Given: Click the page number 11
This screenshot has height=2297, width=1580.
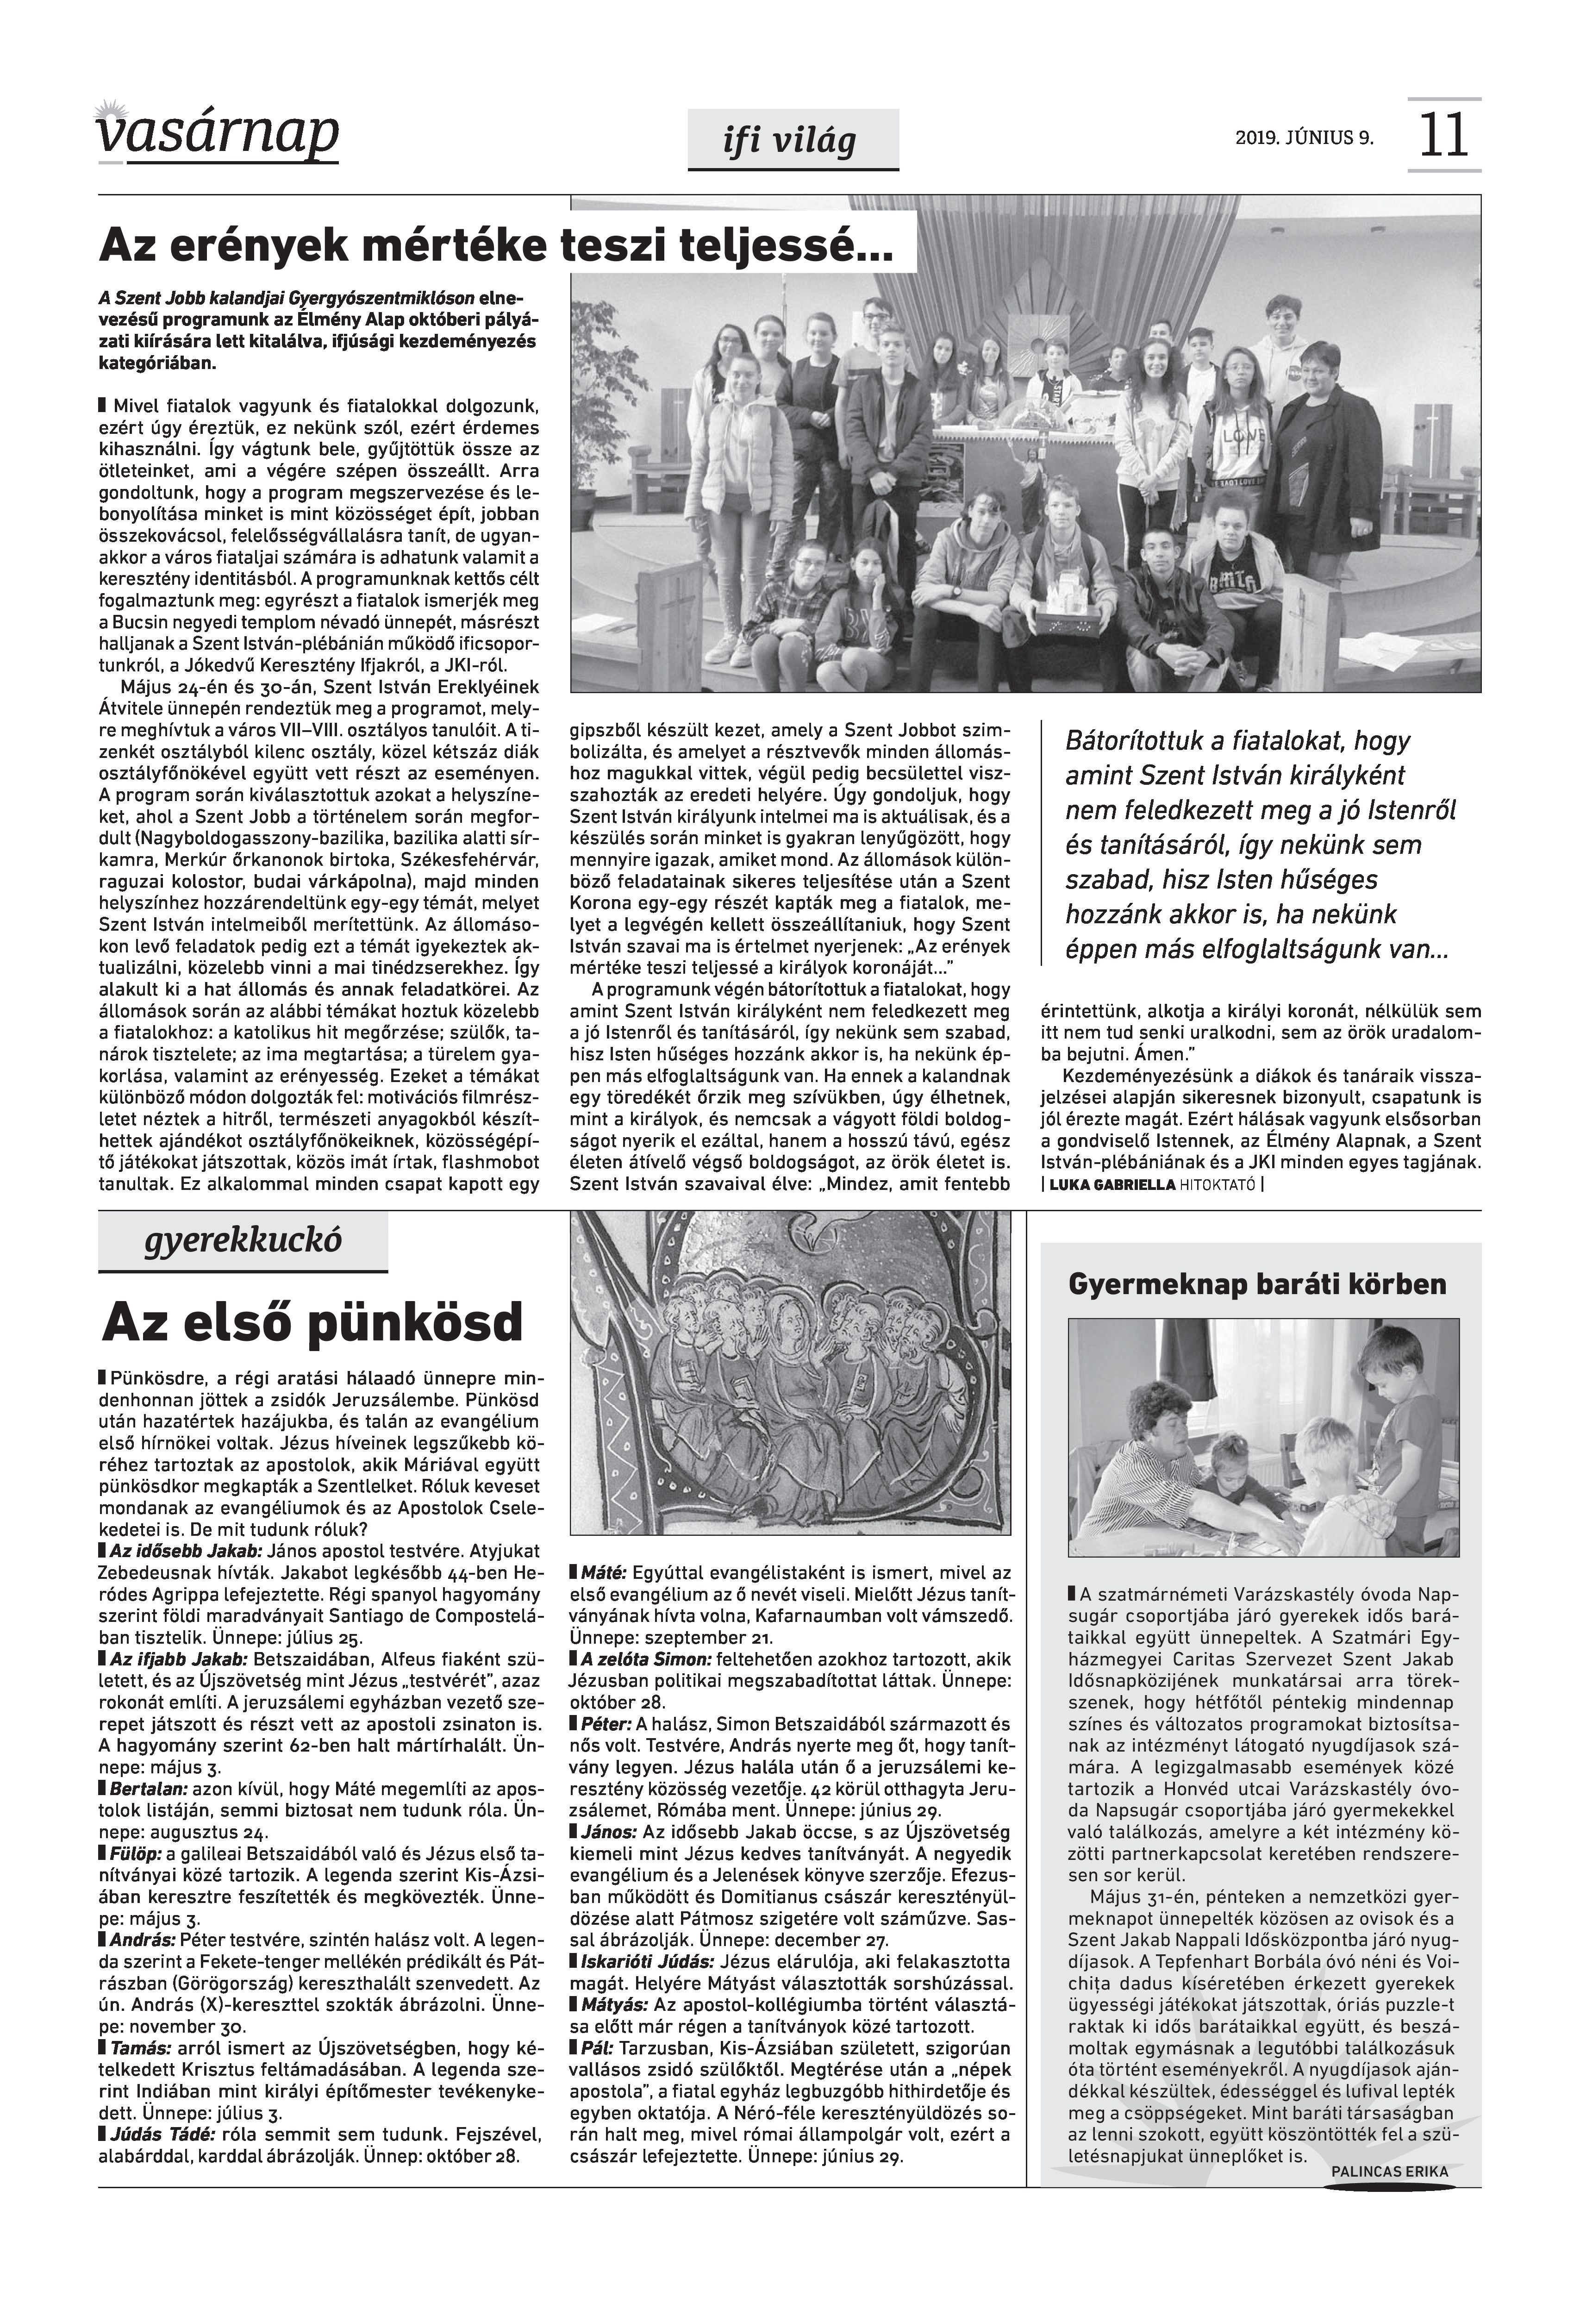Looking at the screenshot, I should (1443, 136).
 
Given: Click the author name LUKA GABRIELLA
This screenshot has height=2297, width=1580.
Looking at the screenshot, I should (1112, 1184).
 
